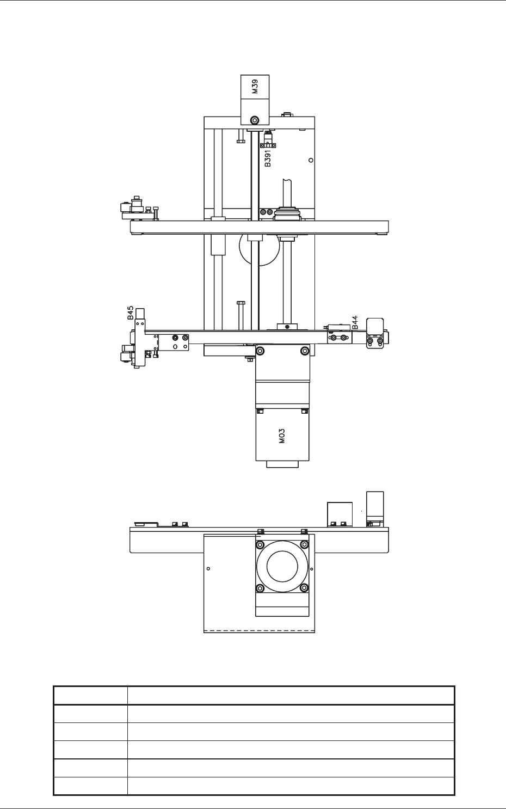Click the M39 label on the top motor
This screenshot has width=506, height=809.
click(255, 87)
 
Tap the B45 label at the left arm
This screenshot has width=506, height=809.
click(130, 312)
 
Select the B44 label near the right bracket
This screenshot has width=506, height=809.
click(355, 322)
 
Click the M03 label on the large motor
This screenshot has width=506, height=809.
click(282, 436)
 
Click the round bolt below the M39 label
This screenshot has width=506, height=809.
click(255, 120)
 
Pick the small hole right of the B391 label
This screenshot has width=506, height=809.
click(311, 160)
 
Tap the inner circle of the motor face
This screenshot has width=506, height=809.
click(282, 567)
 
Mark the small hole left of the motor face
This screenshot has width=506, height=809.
click(208, 569)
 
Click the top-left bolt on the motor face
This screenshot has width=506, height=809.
click(260, 544)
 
